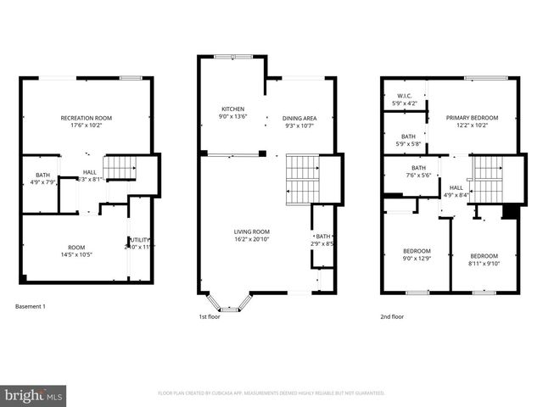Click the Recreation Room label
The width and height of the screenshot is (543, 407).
87,122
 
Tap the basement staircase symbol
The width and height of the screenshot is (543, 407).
120,169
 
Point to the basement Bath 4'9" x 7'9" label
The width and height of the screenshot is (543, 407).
42,178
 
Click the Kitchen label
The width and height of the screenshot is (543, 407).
233,114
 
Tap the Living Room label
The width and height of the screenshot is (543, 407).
252,235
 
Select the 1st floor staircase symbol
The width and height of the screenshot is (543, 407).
302,179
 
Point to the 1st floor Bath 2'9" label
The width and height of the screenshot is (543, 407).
323,240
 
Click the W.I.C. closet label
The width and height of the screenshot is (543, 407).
405,100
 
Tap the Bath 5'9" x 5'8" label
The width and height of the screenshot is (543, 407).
409,140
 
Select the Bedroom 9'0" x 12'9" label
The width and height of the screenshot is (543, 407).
417,254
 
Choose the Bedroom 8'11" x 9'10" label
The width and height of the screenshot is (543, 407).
484,259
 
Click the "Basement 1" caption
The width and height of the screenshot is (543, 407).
31,306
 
